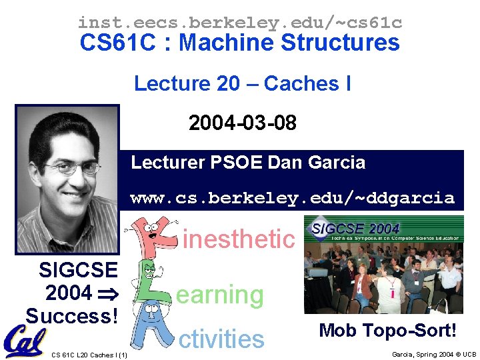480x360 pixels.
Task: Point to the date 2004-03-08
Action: coord(242,123)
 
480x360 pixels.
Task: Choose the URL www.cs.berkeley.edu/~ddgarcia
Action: coord(292,198)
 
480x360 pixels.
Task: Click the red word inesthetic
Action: coord(238,238)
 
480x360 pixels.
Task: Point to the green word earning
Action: coord(220,295)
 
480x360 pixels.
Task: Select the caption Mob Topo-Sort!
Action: coord(387,330)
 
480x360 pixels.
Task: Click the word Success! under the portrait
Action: coord(71,315)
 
